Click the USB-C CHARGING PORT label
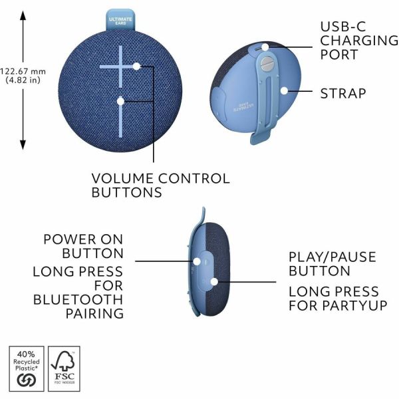pos(358,41)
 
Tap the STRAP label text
pos(343,92)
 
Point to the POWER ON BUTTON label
pos(83,246)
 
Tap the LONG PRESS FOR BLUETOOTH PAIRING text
pos(78,293)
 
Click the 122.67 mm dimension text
pos(23,75)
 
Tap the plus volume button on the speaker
pos(121,66)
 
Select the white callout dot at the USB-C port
pos(265,47)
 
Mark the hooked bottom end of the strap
pos(259,140)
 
